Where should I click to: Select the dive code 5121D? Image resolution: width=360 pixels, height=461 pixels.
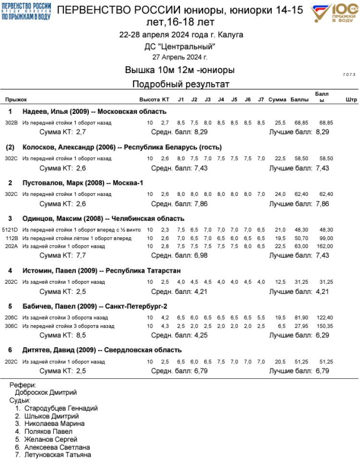click(x=11, y=230)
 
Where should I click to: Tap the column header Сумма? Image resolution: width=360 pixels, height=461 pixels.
click(x=277, y=99)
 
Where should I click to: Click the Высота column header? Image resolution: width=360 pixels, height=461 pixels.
click(x=149, y=99)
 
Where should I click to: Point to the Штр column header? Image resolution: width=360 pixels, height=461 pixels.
click(x=351, y=99)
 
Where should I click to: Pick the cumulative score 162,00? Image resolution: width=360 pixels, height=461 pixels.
click(x=324, y=246)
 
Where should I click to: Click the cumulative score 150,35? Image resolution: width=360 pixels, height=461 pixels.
click(x=324, y=326)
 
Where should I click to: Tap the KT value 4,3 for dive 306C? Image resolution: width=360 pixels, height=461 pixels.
click(x=165, y=326)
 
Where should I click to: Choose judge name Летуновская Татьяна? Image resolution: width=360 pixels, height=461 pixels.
click(x=58, y=455)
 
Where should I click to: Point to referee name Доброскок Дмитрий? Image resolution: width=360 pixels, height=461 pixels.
click(x=46, y=392)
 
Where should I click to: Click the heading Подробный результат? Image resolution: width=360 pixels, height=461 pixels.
click(x=180, y=85)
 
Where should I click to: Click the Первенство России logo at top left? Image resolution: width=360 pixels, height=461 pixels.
click(x=26, y=10)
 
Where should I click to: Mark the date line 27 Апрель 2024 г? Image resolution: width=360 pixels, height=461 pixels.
click(x=180, y=57)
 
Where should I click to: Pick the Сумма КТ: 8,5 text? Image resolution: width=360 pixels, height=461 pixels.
click(x=62, y=335)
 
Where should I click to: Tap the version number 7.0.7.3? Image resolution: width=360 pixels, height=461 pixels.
click(x=349, y=75)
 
